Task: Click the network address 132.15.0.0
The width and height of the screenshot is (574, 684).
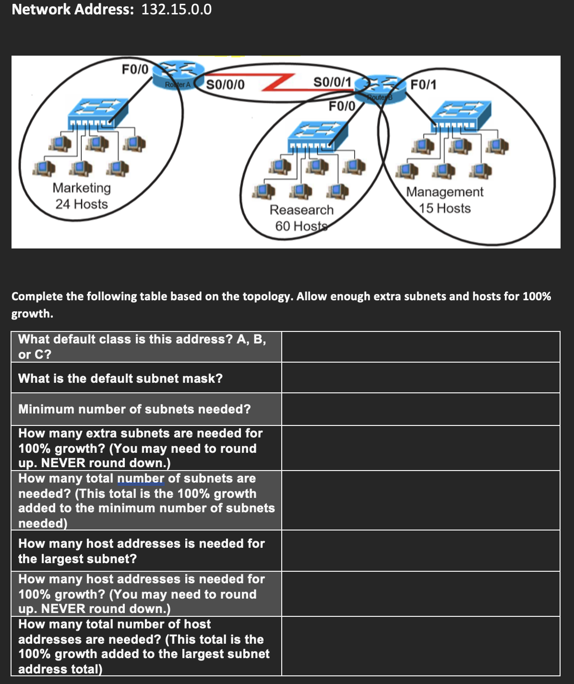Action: (176, 10)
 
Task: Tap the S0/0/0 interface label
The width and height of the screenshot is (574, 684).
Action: (225, 85)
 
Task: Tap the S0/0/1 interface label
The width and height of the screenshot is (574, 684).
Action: (332, 82)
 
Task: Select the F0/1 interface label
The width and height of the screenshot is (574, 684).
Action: (423, 85)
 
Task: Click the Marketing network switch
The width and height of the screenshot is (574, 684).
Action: (98, 112)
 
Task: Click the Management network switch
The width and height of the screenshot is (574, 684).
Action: (461, 115)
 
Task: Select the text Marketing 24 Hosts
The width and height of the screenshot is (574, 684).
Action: (82, 196)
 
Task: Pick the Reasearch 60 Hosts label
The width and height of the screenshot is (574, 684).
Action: (301, 218)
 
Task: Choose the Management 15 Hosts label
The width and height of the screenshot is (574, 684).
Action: (445, 200)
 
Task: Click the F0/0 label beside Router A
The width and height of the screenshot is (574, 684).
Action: (135, 69)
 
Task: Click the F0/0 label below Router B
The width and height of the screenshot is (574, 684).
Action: (342, 106)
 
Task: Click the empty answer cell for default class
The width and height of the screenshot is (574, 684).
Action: (420, 347)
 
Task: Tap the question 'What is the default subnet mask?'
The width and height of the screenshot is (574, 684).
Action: (120, 378)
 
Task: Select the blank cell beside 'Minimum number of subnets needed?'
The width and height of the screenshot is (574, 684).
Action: (420, 409)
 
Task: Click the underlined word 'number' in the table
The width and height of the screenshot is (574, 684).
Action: (141, 479)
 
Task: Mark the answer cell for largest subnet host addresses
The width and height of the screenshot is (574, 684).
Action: (420, 551)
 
